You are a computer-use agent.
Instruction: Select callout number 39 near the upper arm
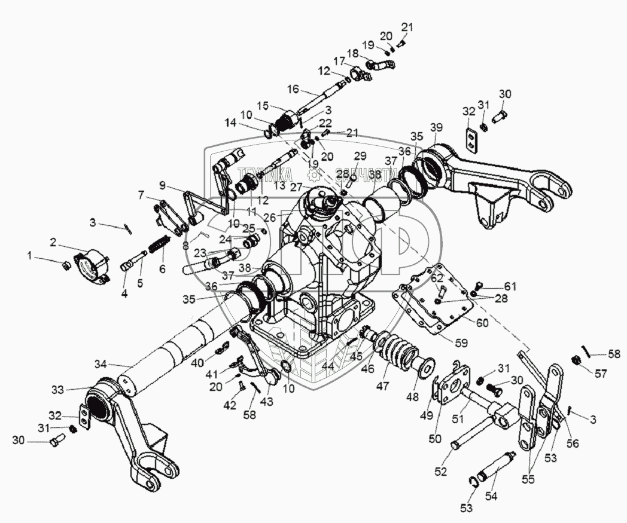coord(437,127)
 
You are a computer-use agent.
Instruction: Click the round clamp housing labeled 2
coord(91,265)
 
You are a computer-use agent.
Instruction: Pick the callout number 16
coord(293,90)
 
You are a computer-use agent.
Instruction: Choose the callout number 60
coord(483,323)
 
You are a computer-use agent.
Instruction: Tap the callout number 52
coord(441,472)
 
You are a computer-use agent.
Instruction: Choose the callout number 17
coord(340,61)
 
